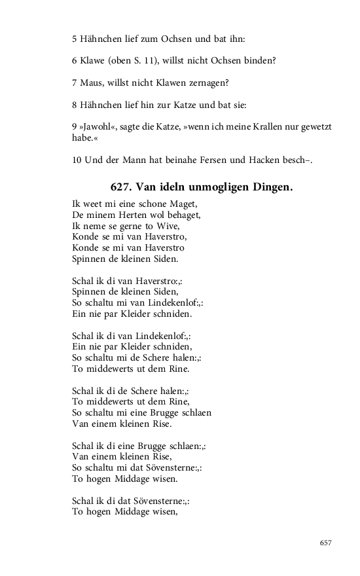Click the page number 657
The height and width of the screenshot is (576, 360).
coord(326,543)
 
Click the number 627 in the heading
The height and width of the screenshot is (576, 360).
coord(122,187)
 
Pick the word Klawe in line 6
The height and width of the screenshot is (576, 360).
coord(92,61)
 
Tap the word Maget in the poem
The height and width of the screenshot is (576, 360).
coord(183,204)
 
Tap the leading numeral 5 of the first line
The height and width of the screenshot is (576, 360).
coord(75,39)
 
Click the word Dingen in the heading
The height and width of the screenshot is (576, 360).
coord(268,187)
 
